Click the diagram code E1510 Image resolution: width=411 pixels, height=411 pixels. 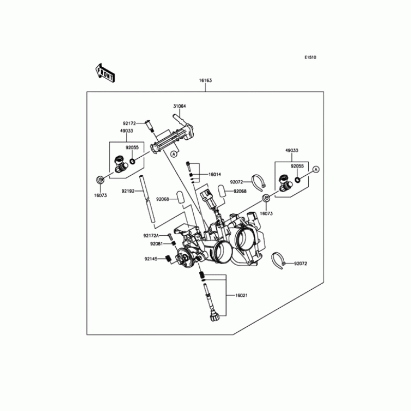pyautogui.click(x=309, y=58)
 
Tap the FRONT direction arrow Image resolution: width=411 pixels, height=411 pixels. pyautogui.click(x=105, y=73)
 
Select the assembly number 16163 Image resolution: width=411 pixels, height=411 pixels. pyautogui.click(x=206, y=81)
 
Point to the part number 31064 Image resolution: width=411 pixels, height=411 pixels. pyautogui.click(x=179, y=106)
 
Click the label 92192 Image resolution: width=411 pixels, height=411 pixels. pyautogui.click(x=128, y=191)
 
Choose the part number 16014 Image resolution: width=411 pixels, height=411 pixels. pyautogui.click(x=214, y=175)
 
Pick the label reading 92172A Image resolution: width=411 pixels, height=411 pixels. pyautogui.click(x=151, y=236)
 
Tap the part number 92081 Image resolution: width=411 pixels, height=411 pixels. pyautogui.click(x=157, y=244)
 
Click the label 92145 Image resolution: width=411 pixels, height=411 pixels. pyautogui.click(x=151, y=259)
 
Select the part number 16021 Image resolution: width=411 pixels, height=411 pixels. pyautogui.click(x=242, y=296)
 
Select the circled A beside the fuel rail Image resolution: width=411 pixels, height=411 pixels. pyautogui.click(x=174, y=153)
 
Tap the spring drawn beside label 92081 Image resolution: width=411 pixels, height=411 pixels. pyautogui.click(x=174, y=244)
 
